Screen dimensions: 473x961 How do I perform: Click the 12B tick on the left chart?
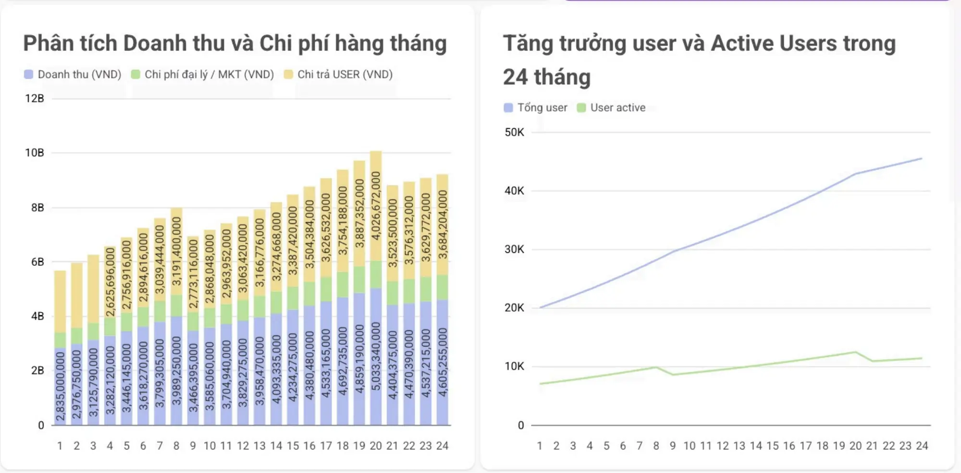pos(35,99)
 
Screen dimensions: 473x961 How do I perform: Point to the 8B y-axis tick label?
pos(37,208)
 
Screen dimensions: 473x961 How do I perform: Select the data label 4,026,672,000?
pos(376,206)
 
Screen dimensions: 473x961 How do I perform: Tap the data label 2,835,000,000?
pos(60,386)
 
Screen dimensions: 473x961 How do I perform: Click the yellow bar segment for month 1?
pos(60,301)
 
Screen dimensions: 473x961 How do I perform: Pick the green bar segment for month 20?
pos(376,274)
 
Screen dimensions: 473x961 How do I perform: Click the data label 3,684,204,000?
pos(443,224)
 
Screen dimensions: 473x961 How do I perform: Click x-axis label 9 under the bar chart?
pos(193,446)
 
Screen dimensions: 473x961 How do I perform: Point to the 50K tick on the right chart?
pos(514,132)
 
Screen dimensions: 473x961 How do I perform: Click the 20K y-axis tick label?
pos(514,308)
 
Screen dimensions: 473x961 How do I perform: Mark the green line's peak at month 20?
pos(855,352)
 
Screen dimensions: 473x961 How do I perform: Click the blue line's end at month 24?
pos(921,158)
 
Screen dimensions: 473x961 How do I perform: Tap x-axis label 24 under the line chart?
pos(922,446)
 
